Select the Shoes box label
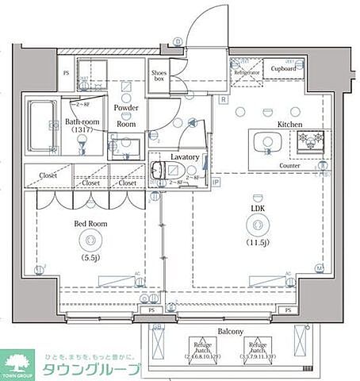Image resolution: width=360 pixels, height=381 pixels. tap(159, 75)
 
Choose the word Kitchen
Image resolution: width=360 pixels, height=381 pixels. tap(291, 124)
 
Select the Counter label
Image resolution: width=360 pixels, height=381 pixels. tap(289, 166)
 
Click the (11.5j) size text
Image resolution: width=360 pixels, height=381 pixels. tap(258, 241)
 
